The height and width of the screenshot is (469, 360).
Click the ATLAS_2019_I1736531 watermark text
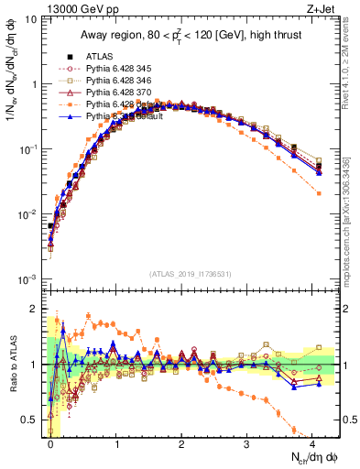[191, 272]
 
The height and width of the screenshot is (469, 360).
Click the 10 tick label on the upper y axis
[30, 19]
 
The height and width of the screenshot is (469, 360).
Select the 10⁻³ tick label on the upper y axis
[28, 278]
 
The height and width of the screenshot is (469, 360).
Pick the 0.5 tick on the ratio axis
[28, 420]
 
